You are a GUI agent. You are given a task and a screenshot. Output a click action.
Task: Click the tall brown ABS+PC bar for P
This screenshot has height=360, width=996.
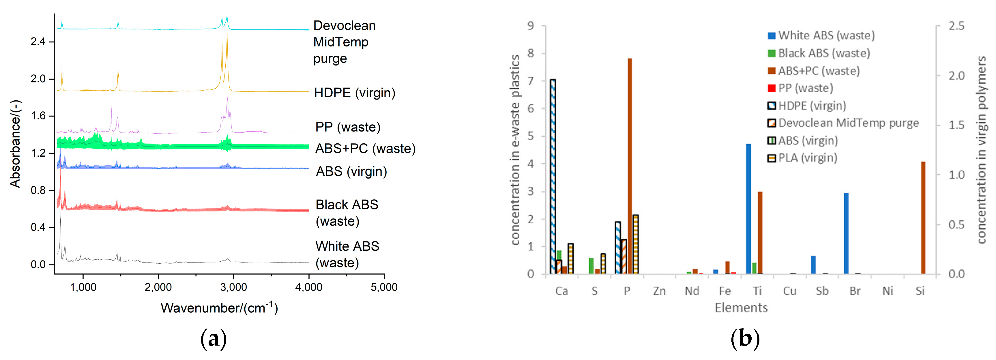(x=630, y=166)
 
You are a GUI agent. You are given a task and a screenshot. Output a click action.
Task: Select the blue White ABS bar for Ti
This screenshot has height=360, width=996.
(x=748, y=209)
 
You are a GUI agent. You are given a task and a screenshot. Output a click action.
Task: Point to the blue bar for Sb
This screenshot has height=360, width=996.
(x=813, y=265)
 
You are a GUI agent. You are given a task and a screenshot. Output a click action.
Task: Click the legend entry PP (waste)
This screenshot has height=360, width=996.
(x=805, y=88)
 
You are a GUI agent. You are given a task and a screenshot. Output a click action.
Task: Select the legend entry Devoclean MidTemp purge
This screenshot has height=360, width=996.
(x=848, y=123)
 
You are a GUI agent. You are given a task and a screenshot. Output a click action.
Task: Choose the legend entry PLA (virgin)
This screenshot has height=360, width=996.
(x=807, y=158)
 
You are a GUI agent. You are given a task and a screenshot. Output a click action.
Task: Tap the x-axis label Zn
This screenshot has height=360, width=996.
(x=659, y=291)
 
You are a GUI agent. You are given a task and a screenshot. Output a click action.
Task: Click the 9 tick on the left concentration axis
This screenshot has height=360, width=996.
(x=531, y=26)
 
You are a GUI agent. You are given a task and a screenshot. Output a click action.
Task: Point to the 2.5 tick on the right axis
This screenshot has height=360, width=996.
(x=956, y=26)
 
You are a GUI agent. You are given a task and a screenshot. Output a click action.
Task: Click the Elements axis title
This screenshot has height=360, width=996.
(x=741, y=308)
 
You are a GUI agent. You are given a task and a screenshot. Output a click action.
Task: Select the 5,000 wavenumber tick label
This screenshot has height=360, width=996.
(x=384, y=287)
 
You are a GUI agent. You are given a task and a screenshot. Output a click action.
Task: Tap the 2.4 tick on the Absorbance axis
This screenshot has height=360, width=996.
(x=38, y=41)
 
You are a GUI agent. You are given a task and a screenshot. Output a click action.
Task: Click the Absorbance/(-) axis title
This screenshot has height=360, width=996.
(x=16, y=144)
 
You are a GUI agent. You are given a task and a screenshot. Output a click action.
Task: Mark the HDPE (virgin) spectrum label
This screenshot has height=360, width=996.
(x=355, y=93)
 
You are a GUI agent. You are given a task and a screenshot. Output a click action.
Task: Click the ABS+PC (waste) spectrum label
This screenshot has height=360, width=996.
(x=365, y=149)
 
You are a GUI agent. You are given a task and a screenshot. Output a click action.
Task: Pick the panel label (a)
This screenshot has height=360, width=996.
(x=214, y=339)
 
